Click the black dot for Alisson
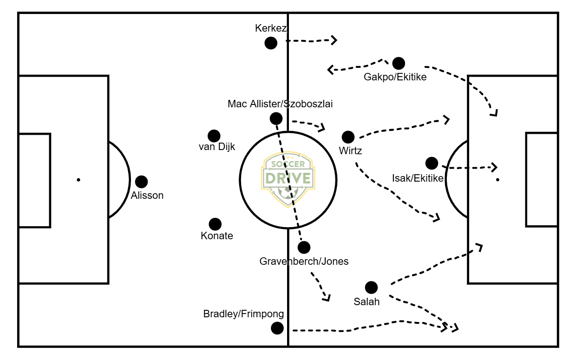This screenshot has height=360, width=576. [141, 182]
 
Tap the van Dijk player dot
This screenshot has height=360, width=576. [214, 136]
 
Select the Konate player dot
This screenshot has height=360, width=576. [215, 224]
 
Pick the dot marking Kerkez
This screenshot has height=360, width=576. [271, 43]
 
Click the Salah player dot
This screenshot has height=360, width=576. [371, 288]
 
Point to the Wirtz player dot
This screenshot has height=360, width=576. [348, 137]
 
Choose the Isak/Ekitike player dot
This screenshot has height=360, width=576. [432, 163]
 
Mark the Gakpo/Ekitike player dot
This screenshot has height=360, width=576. [399, 63]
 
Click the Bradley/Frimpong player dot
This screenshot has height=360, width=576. [277, 328]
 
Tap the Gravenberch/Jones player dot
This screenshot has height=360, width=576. [304, 247]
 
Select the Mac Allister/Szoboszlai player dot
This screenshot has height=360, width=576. [275, 118]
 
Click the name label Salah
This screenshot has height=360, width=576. [367, 301]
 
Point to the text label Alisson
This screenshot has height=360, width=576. [147, 196]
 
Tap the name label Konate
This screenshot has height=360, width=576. [217, 236]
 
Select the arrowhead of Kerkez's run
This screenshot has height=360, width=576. [334, 40]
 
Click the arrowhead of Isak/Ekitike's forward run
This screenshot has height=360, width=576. [495, 167]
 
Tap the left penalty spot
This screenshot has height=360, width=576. [78, 180]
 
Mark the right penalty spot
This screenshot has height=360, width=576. [497, 180]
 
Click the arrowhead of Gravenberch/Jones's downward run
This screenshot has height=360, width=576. [327, 298]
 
